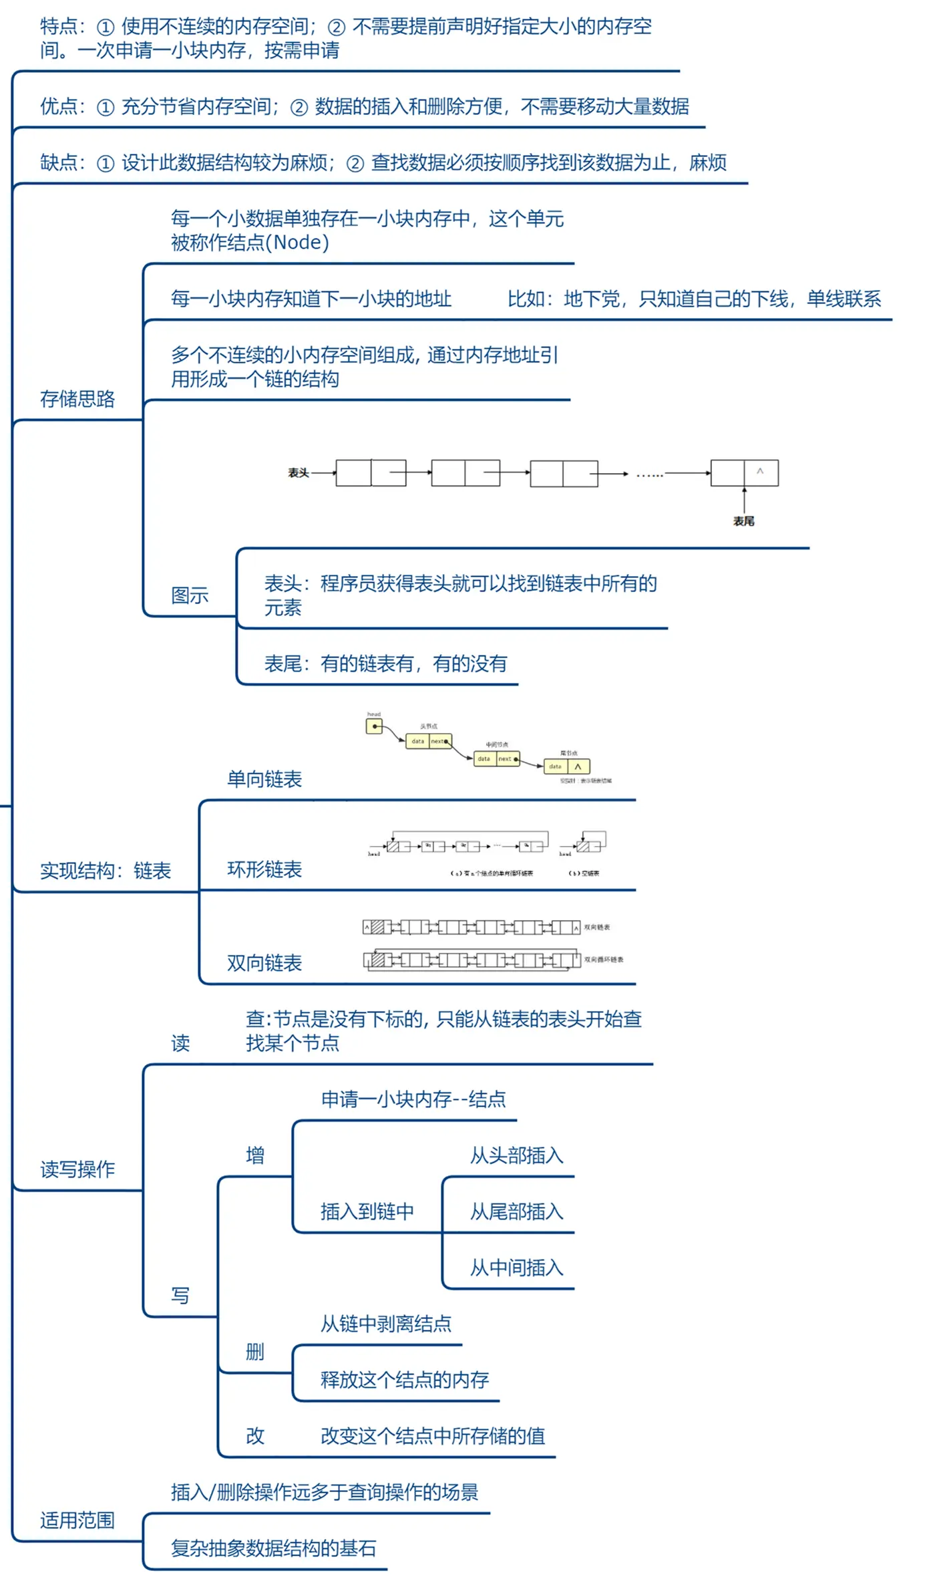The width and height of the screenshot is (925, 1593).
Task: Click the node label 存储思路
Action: point(77,399)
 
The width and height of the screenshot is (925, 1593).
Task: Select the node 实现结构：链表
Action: point(106,871)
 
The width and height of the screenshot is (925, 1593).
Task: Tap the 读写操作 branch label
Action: point(77,1169)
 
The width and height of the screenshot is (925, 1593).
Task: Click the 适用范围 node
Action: point(77,1520)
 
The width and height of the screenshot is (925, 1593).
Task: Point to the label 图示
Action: point(190,595)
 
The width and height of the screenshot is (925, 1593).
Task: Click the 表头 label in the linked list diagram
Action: point(298,473)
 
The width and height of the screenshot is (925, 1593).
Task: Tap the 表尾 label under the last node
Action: point(743,521)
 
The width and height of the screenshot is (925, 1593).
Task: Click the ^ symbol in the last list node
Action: point(760,471)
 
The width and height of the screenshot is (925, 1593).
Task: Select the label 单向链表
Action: point(264,779)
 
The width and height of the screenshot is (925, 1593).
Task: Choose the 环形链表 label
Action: point(264,869)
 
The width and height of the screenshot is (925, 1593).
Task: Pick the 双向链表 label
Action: point(264,963)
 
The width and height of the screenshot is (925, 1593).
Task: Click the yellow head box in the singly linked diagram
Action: point(374,726)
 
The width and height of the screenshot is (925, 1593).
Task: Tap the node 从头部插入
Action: point(517,1155)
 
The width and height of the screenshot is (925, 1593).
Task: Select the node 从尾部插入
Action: point(517,1211)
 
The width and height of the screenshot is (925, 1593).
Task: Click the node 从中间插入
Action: point(517,1268)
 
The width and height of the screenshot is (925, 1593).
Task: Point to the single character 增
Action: point(255,1155)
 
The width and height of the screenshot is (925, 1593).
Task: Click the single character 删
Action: point(255,1352)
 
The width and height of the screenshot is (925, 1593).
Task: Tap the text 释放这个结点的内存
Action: point(405,1380)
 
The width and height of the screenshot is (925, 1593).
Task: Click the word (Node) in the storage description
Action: point(297,243)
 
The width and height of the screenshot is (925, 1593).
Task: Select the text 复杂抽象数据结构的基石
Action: point(274,1548)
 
